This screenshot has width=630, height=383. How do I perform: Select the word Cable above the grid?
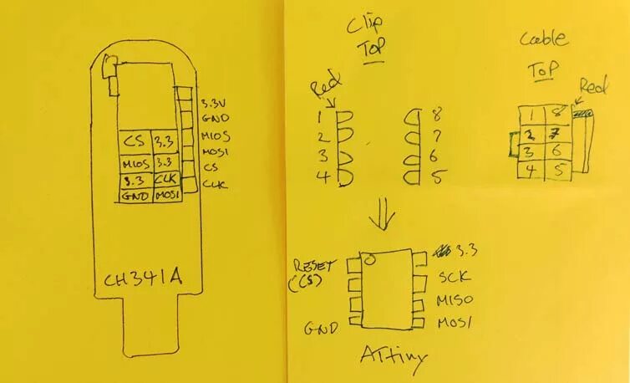click(x=544, y=38)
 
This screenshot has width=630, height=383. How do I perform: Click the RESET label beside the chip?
click(x=313, y=266)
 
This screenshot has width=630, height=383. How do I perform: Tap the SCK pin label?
click(x=455, y=277)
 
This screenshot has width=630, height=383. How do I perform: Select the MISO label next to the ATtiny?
click(x=457, y=300)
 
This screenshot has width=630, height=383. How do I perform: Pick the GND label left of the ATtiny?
click(x=322, y=328)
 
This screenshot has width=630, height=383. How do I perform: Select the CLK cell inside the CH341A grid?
click(x=165, y=178)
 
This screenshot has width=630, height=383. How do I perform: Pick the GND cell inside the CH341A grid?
click(x=134, y=194)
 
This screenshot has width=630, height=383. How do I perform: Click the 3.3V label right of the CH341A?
click(x=213, y=104)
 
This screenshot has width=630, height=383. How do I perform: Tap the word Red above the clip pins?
click(x=322, y=87)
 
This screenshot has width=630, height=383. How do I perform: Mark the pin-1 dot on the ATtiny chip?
click(x=368, y=260)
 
